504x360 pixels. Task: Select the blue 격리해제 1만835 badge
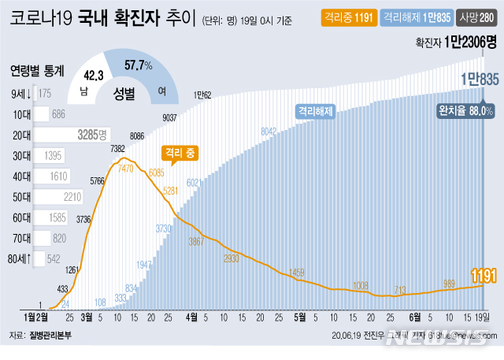pyautogui.click(x=409, y=17)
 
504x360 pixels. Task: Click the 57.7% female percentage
pyautogui.click(x=139, y=66)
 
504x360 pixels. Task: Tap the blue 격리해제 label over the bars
pyautogui.click(x=317, y=112)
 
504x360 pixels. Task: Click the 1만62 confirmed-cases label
pyautogui.click(x=202, y=95)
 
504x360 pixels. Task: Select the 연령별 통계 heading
pyautogui.click(x=38, y=70)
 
